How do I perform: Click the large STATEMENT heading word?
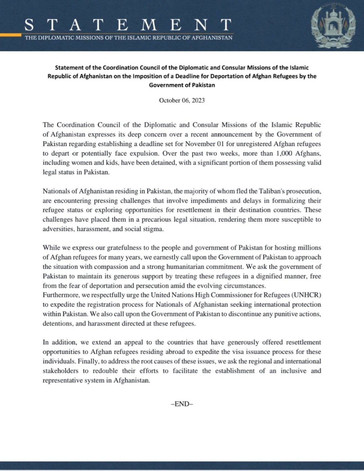[127, 25]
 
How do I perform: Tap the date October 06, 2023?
[182, 100]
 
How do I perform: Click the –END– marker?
[182, 404]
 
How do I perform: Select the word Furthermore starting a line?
[59, 295]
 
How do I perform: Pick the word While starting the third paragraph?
[51, 247]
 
